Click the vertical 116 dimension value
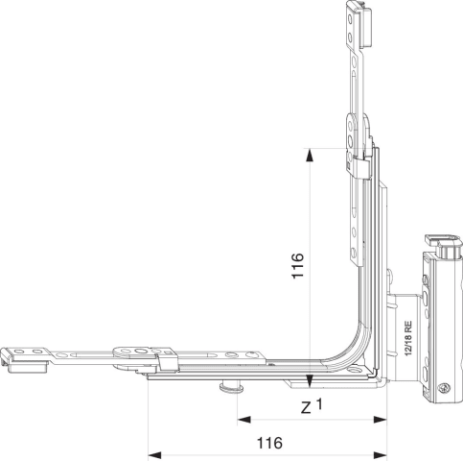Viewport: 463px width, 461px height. coord(297,266)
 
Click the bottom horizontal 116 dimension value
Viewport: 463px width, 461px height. coord(270,443)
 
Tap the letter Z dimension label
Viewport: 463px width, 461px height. coord(306,408)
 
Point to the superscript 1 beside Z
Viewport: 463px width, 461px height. coord(319,404)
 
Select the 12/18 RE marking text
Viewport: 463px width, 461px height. coord(408,338)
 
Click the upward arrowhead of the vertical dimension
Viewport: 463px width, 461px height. coord(310,156)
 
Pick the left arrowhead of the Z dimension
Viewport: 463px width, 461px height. coord(244,419)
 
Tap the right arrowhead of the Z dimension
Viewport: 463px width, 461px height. coord(381,419)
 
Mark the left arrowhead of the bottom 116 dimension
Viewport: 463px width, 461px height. coord(155,454)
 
